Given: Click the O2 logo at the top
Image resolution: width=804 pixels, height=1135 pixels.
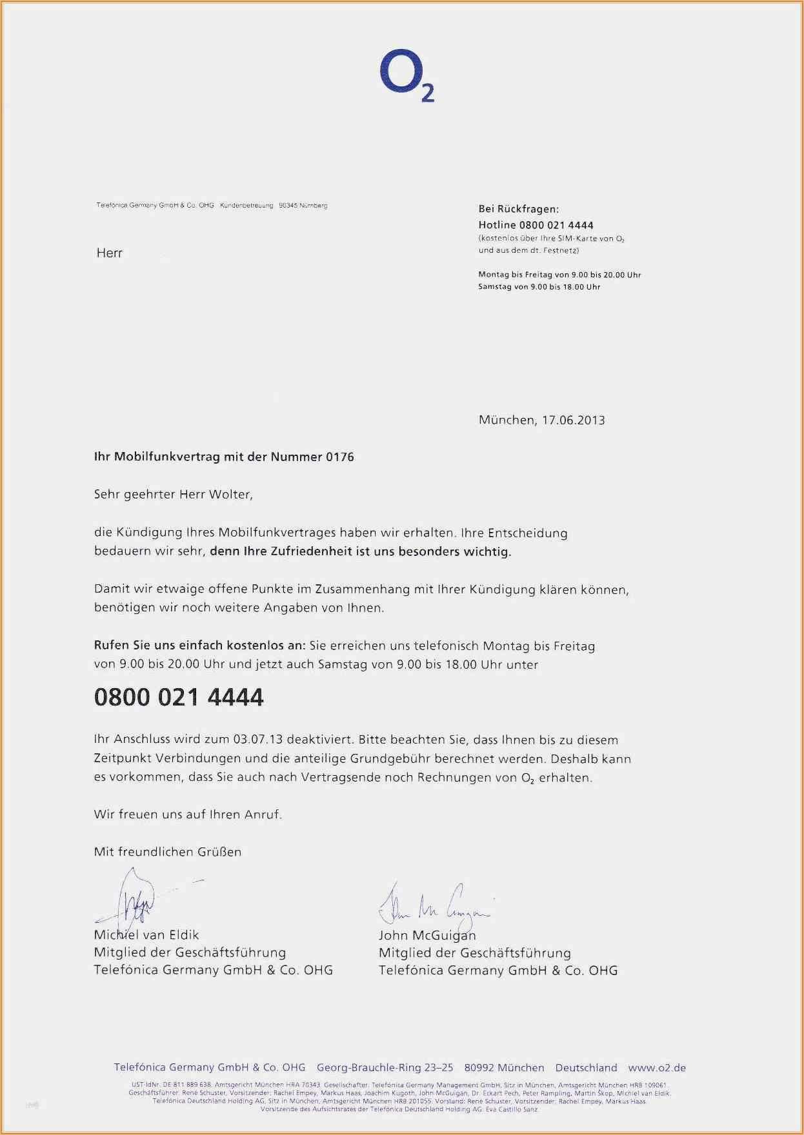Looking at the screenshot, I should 405,78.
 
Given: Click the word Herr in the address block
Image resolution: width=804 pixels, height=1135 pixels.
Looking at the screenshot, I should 109,253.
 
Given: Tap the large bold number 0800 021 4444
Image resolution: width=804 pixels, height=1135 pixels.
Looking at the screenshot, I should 179,698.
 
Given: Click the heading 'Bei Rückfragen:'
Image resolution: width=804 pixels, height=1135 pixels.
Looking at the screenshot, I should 519,209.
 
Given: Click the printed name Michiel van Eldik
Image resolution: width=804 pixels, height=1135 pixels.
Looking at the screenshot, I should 146,935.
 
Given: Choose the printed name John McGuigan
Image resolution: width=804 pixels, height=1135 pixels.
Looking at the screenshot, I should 427,935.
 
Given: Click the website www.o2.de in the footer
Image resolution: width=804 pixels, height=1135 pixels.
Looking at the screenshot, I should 657,1068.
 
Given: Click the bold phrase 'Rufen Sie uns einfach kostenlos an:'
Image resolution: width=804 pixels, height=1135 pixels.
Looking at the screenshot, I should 200,646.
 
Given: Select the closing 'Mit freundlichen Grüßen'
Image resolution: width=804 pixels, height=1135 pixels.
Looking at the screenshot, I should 168,852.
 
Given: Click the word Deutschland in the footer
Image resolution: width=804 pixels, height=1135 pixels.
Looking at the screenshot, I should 586,1068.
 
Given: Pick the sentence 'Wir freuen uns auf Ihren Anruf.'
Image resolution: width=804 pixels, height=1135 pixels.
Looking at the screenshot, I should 188,814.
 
